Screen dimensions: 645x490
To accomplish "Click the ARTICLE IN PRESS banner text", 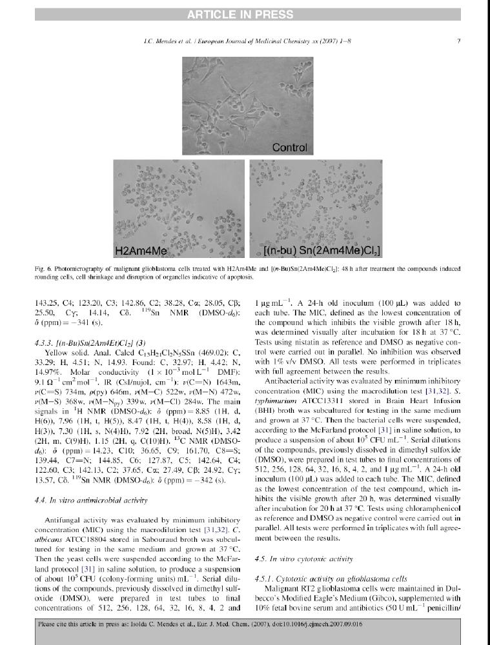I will pos(245,14).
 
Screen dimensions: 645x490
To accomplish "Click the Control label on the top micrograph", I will pos(289,148).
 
